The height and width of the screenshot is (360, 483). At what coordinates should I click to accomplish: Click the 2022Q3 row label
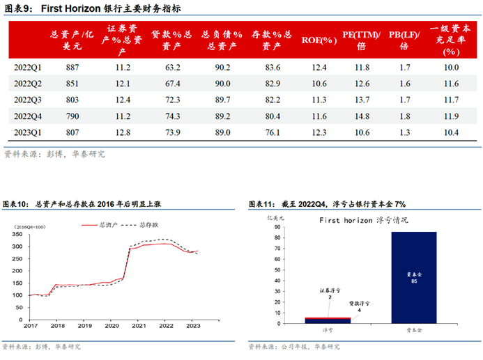coord(29,99)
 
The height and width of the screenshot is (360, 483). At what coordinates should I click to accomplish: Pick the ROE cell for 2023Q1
coord(319,131)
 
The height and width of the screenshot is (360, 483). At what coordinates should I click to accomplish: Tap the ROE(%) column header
coord(319,40)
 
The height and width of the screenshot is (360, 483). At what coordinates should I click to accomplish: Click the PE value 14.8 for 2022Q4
coord(362,115)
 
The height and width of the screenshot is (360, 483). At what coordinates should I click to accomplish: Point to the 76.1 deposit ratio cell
coord(272,131)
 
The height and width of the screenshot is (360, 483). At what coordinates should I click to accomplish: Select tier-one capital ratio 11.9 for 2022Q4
coord(451,115)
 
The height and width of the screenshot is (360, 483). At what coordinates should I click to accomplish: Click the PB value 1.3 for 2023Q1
coord(404,131)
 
